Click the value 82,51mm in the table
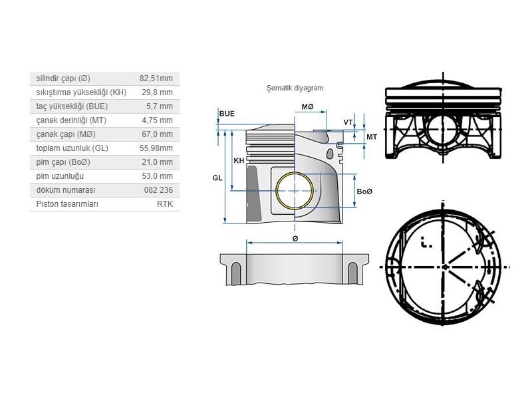(x=159, y=78)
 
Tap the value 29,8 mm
(x=160, y=92)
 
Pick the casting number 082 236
(x=160, y=190)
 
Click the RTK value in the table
(x=164, y=204)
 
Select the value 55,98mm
(x=159, y=148)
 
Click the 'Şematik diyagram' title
(x=294, y=88)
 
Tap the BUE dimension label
(x=227, y=114)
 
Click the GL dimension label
(x=217, y=178)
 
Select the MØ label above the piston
(x=307, y=107)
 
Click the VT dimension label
(x=348, y=122)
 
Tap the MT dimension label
(x=372, y=136)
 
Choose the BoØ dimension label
(x=364, y=192)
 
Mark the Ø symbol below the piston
(x=295, y=238)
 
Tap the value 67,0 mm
(x=160, y=134)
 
